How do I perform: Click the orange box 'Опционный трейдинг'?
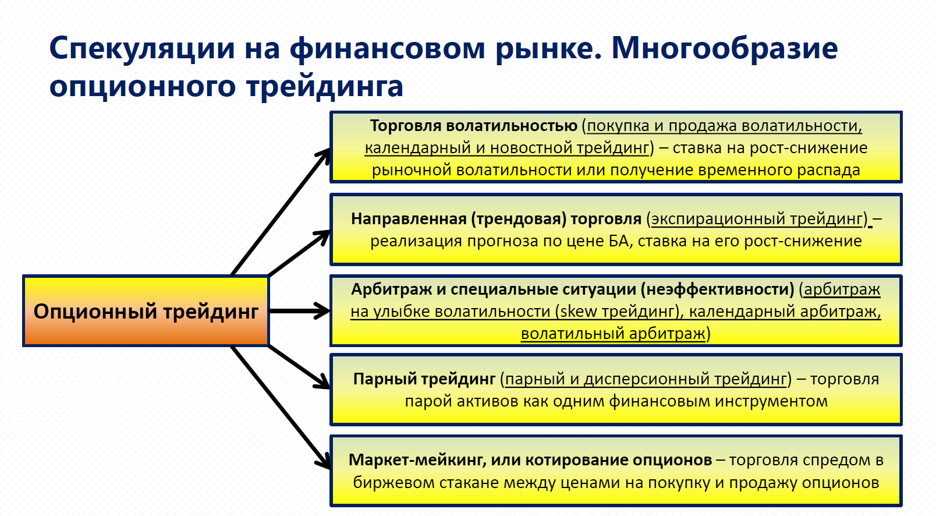(146, 311)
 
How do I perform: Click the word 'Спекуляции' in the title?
(142, 48)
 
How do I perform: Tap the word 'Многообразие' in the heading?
(724, 48)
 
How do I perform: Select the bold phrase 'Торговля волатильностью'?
(473, 126)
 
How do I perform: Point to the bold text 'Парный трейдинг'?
(424, 379)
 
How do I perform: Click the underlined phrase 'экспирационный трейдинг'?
(757, 219)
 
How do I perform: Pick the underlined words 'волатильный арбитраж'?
(613, 334)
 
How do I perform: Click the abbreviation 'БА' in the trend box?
(618, 241)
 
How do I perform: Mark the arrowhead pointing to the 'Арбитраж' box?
(322, 311)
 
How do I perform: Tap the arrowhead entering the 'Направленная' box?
(322, 235)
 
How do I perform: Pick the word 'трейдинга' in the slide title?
(324, 86)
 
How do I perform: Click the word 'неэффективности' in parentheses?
(719, 289)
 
